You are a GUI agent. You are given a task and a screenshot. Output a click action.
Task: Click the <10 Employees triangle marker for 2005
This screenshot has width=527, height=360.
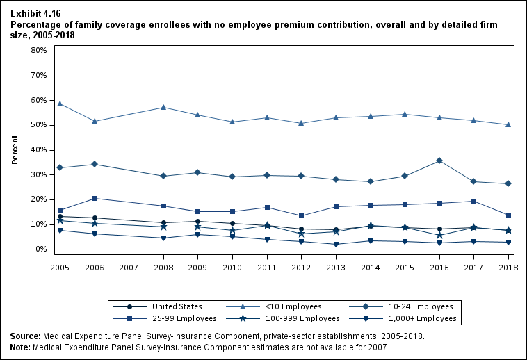[60, 104]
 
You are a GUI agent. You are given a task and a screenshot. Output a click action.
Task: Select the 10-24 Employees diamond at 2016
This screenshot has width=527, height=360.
[439, 161]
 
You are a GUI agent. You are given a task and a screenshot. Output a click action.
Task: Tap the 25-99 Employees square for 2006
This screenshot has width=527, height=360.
[95, 199]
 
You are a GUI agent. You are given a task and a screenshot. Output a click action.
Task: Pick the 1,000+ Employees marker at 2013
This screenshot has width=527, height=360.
[336, 244]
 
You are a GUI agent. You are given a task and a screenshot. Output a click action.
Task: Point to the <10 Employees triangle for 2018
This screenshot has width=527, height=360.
[508, 125]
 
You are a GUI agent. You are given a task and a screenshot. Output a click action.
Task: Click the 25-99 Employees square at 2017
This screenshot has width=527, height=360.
[473, 202]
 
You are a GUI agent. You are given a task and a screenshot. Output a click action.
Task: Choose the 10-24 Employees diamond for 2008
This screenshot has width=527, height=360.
[163, 176]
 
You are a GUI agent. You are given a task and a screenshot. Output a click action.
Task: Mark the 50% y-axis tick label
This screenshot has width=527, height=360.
[38, 125]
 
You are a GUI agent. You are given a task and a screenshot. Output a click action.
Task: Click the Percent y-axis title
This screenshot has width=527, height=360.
[15, 150]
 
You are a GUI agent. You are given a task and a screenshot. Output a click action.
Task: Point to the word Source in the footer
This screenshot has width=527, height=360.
[25, 336]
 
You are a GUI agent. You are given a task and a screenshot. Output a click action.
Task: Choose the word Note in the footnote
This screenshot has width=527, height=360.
[21, 347]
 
